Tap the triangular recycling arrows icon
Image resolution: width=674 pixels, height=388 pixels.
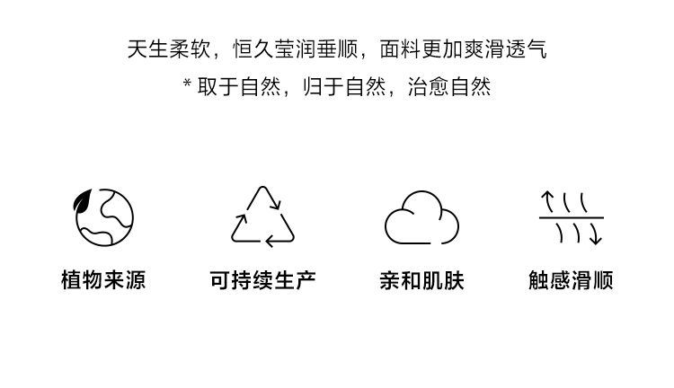[262, 216]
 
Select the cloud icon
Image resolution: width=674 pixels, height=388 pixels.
[421, 218]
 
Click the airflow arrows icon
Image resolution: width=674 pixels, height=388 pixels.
[571, 218]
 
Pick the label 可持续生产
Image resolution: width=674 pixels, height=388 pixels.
[262, 280]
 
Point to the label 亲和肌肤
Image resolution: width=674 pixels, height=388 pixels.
[421, 280]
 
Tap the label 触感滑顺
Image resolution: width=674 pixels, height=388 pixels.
[571, 280]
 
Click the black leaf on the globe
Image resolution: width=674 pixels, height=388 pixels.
[84, 201]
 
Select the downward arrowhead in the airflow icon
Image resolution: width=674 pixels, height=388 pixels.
[596, 239]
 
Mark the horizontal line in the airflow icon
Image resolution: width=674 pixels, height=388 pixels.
[571, 218]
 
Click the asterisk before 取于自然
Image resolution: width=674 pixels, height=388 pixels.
[187, 85]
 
